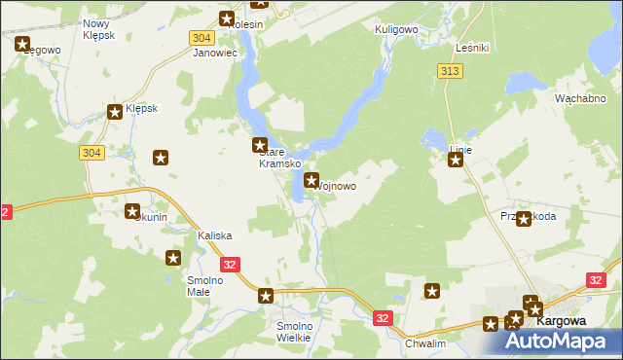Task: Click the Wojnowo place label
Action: [x=337, y=186]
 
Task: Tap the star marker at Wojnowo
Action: [x=311, y=180]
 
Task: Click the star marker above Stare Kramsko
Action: [x=261, y=146]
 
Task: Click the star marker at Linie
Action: [x=455, y=161]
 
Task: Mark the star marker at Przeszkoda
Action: [x=524, y=219]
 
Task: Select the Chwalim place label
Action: [x=424, y=343]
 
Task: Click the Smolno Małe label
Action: [x=205, y=287]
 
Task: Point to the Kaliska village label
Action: [x=214, y=236]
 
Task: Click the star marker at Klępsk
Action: [x=115, y=112]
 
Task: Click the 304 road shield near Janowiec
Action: [x=201, y=37]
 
